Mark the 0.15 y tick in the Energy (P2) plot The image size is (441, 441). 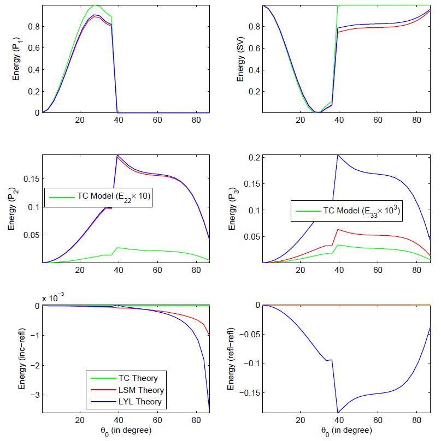pos(31,178)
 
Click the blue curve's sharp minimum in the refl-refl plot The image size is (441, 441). pos(338,412)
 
